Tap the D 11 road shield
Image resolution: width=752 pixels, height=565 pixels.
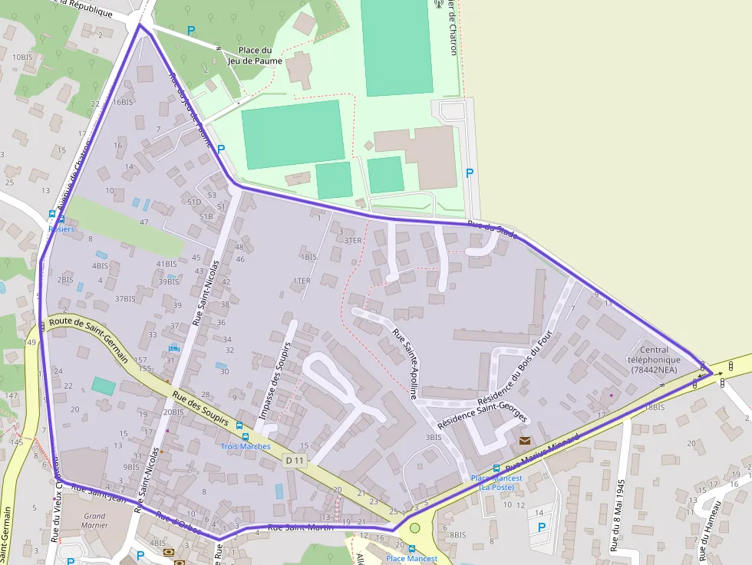(294, 461)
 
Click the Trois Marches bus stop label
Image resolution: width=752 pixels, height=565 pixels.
(246, 446)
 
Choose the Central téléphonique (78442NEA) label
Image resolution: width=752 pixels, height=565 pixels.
(655, 360)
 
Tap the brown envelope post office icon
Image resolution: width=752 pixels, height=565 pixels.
(525, 441)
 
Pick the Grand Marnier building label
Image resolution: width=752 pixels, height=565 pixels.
(94, 521)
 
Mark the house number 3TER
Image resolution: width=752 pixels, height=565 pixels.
(352, 241)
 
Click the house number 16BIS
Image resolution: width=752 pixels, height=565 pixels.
(123, 102)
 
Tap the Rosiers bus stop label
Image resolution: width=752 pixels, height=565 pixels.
(61, 228)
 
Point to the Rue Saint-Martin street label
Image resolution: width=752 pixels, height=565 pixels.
(300, 527)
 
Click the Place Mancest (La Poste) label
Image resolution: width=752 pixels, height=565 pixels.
(496, 482)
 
